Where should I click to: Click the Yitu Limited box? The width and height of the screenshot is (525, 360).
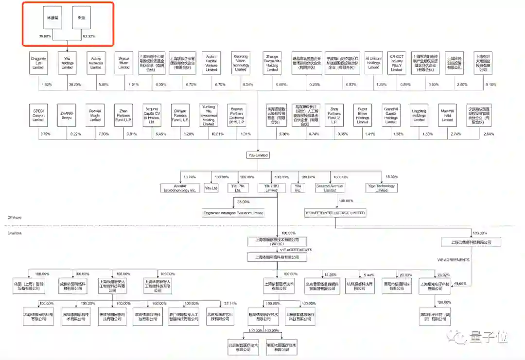pos(258,155)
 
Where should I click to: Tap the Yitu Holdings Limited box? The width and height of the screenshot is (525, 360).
pos(67,63)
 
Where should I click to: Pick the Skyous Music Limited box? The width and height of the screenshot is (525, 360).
pos(124,63)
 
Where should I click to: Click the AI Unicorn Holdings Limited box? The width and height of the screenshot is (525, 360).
pos(373,63)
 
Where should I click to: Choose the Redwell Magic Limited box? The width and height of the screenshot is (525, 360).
pos(95,115)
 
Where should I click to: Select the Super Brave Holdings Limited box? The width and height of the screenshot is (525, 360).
pos(363,115)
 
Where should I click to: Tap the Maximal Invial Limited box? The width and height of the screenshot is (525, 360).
pos(447,115)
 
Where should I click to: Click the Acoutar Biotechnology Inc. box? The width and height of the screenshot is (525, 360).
pos(179,188)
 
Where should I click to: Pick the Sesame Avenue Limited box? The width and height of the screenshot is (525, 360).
pos(330,188)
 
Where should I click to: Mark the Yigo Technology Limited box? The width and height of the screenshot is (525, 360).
pos(382,188)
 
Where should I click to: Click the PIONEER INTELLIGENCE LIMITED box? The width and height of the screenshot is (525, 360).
pos(335,213)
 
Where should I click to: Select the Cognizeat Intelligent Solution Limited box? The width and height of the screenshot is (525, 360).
pos(233,213)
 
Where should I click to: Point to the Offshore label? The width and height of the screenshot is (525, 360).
pos(14,217)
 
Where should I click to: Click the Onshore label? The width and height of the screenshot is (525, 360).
pos(14,233)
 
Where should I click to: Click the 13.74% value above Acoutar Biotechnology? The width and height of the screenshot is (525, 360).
pos(189,177)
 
